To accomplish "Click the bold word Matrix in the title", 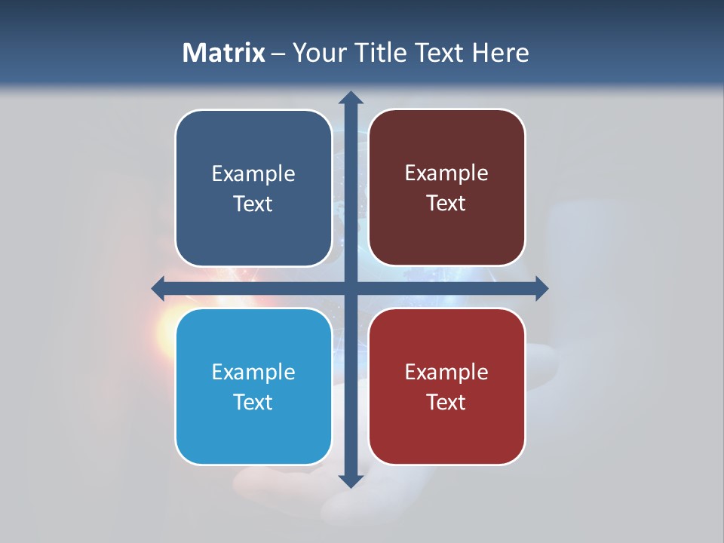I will click(224, 53).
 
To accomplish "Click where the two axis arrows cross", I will click(351, 288).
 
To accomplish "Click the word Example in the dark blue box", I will click(253, 174).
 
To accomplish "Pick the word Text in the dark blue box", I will click(253, 204).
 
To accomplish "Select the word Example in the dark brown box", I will click(446, 173).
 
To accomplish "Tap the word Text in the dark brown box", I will click(446, 204).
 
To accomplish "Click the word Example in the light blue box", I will click(253, 373).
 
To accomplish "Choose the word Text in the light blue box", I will click(253, 403).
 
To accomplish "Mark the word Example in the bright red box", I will click(446, 373).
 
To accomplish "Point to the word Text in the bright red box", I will click(446, 403).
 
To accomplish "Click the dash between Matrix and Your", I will click(279, 54).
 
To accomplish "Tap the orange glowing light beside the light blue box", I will click(164, 332).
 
